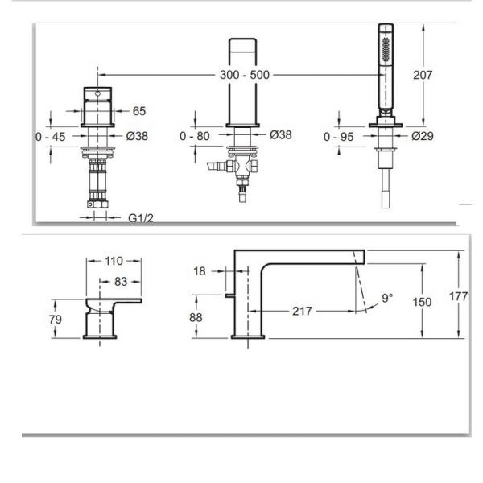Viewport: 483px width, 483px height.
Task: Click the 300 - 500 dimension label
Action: pos(245,75)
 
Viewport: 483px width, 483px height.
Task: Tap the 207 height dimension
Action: pos(422,75)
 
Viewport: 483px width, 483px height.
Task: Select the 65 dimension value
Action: pos(138,110)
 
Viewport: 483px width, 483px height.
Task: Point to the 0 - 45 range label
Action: pos(50,137)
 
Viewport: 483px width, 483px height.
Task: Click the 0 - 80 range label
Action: pos(195,137)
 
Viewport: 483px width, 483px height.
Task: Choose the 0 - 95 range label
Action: pos(339,137)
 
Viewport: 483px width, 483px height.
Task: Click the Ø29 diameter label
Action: pos(422,137)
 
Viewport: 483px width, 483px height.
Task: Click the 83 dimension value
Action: pos(122,282)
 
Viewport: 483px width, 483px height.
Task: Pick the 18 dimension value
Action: pos(200,271)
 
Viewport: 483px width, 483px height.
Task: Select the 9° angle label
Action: pos(387,298)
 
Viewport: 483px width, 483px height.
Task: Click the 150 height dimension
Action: pos(421,302)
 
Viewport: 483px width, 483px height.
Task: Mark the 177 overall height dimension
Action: pos(458,296)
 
